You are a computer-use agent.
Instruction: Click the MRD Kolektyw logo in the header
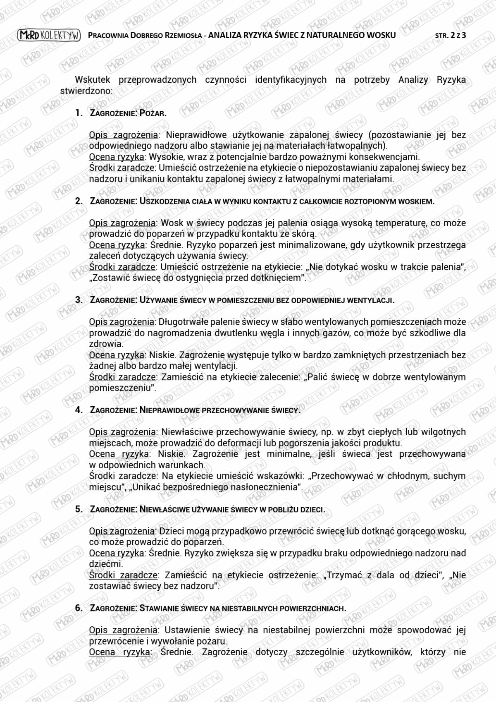pos(49,36)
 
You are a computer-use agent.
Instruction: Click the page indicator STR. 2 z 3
pos(451,36)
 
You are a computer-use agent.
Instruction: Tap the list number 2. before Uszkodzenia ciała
pos(79,201)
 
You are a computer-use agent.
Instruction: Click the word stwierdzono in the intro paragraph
pos(86,91)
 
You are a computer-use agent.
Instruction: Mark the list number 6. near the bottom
pos(79,608)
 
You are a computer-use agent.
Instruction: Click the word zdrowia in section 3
pos(105,344)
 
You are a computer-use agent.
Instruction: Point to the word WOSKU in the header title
pos(381,35)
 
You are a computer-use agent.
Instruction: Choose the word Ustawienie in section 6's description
pos(185,630)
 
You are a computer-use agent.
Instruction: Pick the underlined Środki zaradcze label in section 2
pos(122,267)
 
